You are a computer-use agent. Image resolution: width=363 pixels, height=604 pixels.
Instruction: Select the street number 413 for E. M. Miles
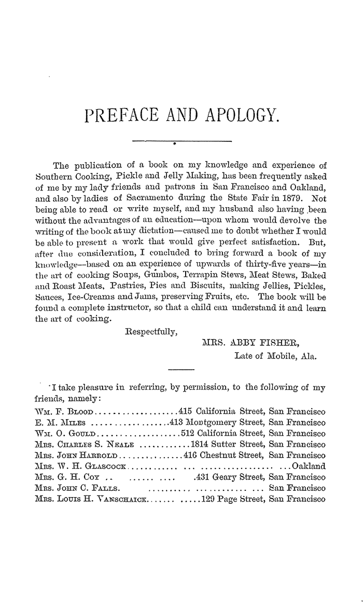pyautogui.click(x=176, y=422)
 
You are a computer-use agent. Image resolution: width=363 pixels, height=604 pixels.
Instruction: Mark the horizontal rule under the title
pyautogui.click(x=181, y=141)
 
